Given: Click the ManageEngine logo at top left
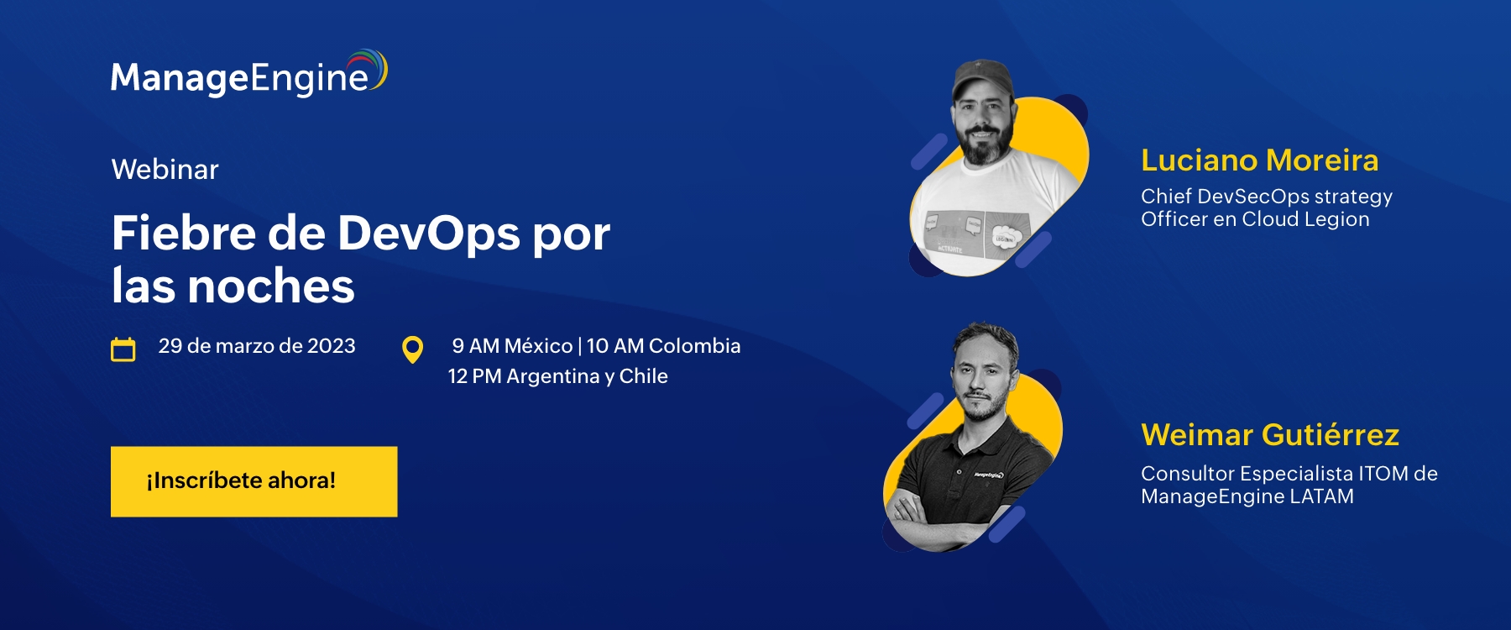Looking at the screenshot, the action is pyautogui.click(x=249, y=73).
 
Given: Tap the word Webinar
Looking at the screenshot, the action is pyautogui.click(x=165, y=170).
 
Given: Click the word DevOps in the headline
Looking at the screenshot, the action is pyautogui.click(x=429, y=233).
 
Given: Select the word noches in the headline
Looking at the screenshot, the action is pyautogui.click(x=271, y=286).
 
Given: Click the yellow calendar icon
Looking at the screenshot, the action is pyautogui.click(x=123, y=349).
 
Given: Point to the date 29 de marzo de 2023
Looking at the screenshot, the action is pyautogui.click(x=257, y=346).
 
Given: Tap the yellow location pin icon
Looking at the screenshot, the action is pyautogui.click(x=412, y=349).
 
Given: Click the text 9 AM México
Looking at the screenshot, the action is pyautogui.click(x=512, y=346).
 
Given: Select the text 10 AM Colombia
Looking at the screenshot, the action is pyautogui.click(x=663, y=346).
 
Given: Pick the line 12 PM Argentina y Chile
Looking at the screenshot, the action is pyautogui.click(x=557, y=376).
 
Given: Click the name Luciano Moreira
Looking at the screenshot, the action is pyautogui.click(x=1259, y=160).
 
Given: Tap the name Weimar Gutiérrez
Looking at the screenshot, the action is pyautogui.click(x=1270, y=435).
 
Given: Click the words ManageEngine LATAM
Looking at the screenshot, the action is pyautogui.click(x=1247, y=496).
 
